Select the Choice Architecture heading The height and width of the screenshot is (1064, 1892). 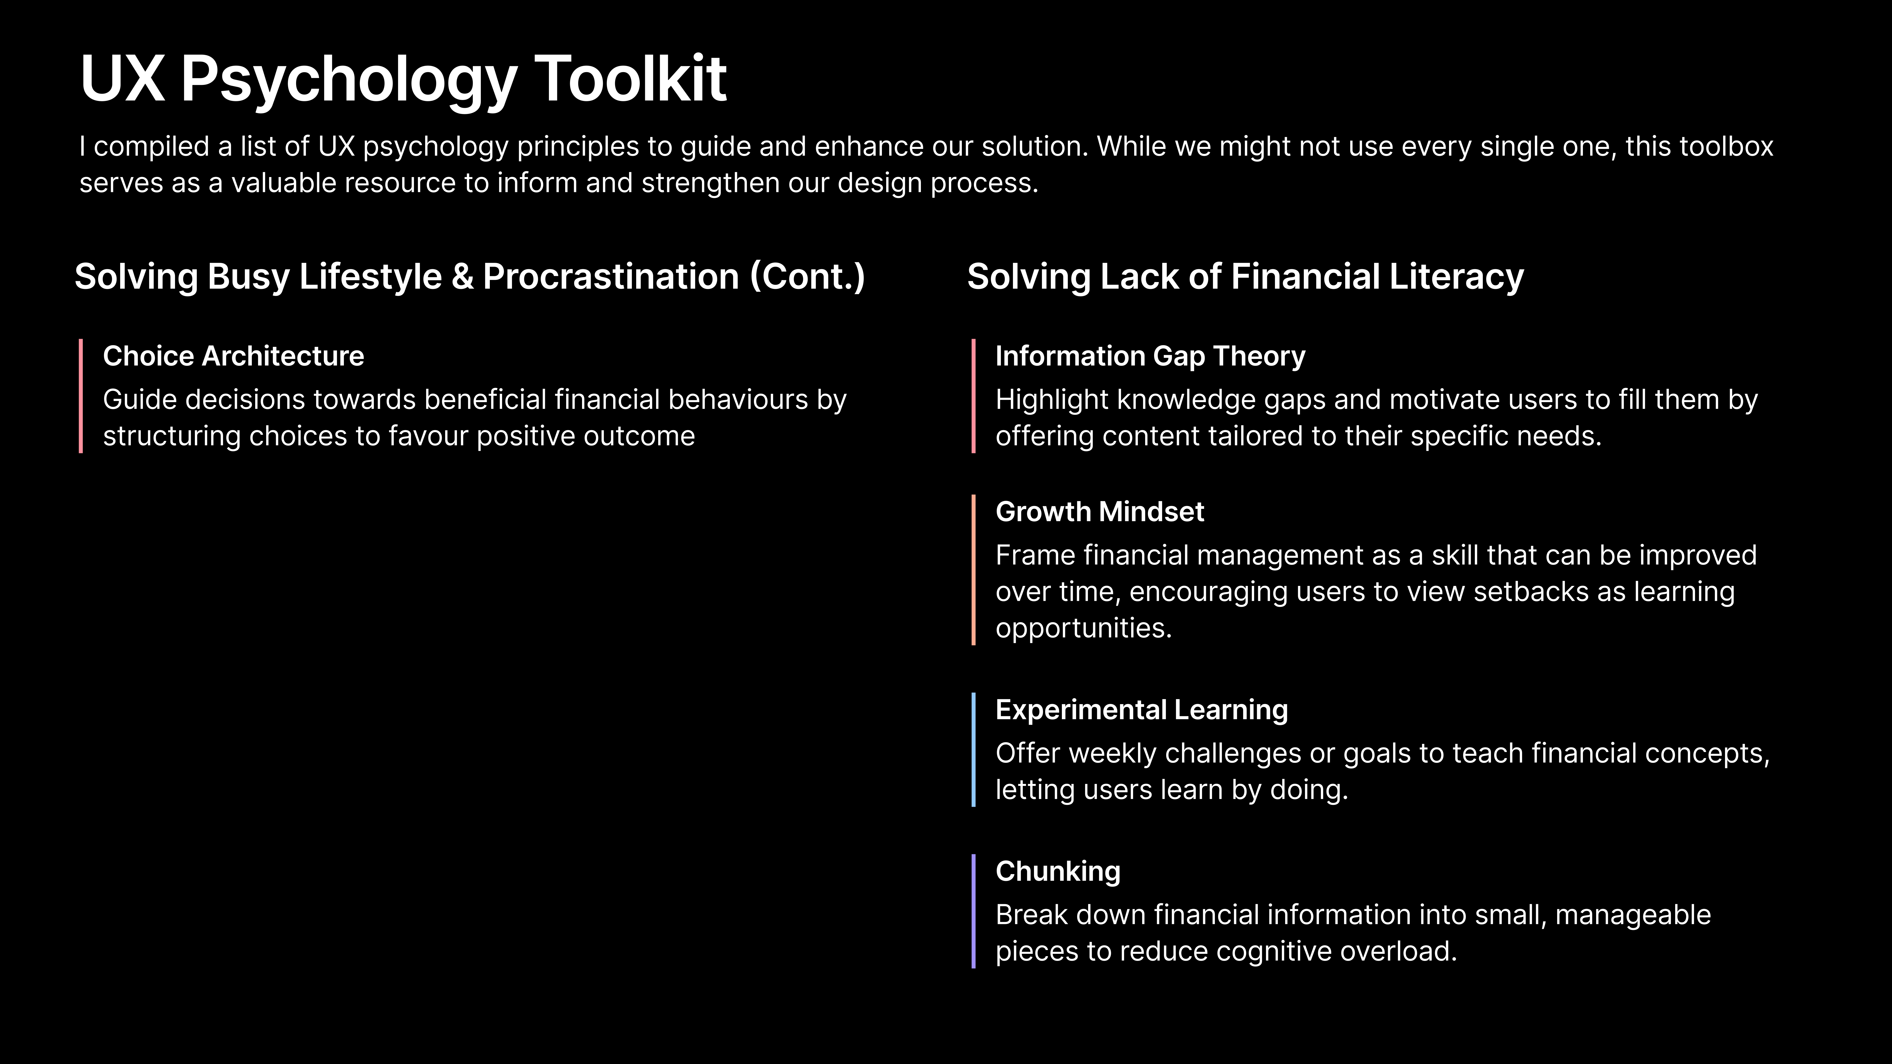(234, 356)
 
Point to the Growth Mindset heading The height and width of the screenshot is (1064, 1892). (1099, 512)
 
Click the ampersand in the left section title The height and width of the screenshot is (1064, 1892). (463, 277)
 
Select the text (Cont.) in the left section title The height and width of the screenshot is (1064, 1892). (807, 277)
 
